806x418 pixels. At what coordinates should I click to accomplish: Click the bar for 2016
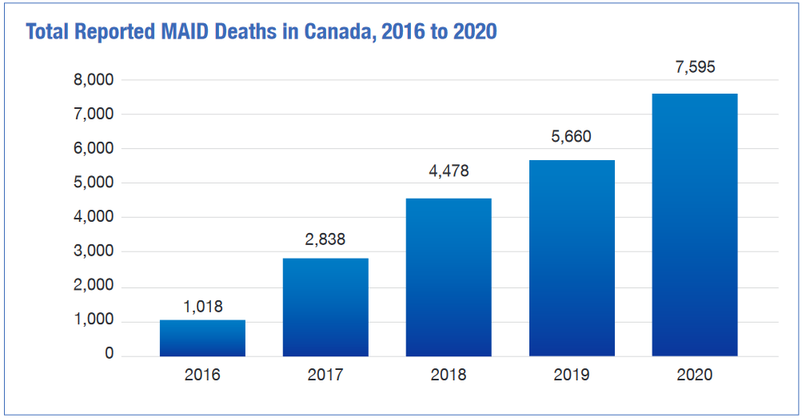(x=202, y=338)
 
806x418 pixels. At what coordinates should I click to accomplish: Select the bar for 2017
(x=325, y=307)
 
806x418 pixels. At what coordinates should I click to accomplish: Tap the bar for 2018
(x=449, y=277)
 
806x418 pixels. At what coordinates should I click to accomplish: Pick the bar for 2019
(x=572, y=258)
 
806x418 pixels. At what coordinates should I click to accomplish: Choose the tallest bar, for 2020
(x=695, y=225)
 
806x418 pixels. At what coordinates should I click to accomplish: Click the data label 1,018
(x=202, y=307)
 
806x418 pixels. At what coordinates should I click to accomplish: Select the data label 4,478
(x=449, y=171)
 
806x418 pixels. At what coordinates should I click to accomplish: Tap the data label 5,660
(x=572, y=137)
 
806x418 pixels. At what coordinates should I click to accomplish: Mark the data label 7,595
(x=695, y=67)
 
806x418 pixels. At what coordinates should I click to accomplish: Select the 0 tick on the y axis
(x=110, y=355)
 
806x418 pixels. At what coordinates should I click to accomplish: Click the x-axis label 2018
(x=449, y=375)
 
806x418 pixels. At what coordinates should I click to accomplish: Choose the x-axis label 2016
(x=202, y=375)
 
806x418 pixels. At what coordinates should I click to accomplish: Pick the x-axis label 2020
(x=695, y=375)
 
